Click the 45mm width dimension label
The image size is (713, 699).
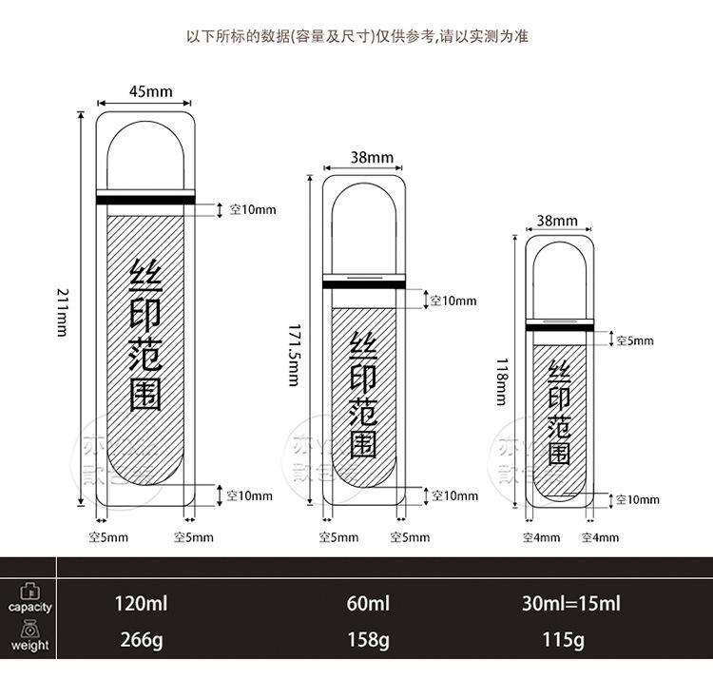[x=150, y=91]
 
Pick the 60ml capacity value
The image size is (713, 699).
[x=368, y=604]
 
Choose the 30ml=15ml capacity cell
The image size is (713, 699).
[x=570, y=604]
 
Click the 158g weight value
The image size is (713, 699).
[x=368, y=639]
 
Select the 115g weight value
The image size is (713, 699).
[x=562, y=639]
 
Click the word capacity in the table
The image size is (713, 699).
[x=30, y=607]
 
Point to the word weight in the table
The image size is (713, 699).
[x=30, y=645]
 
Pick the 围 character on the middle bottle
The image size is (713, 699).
[x=364, y=444]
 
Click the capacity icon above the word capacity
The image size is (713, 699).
[x=30, y=590]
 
